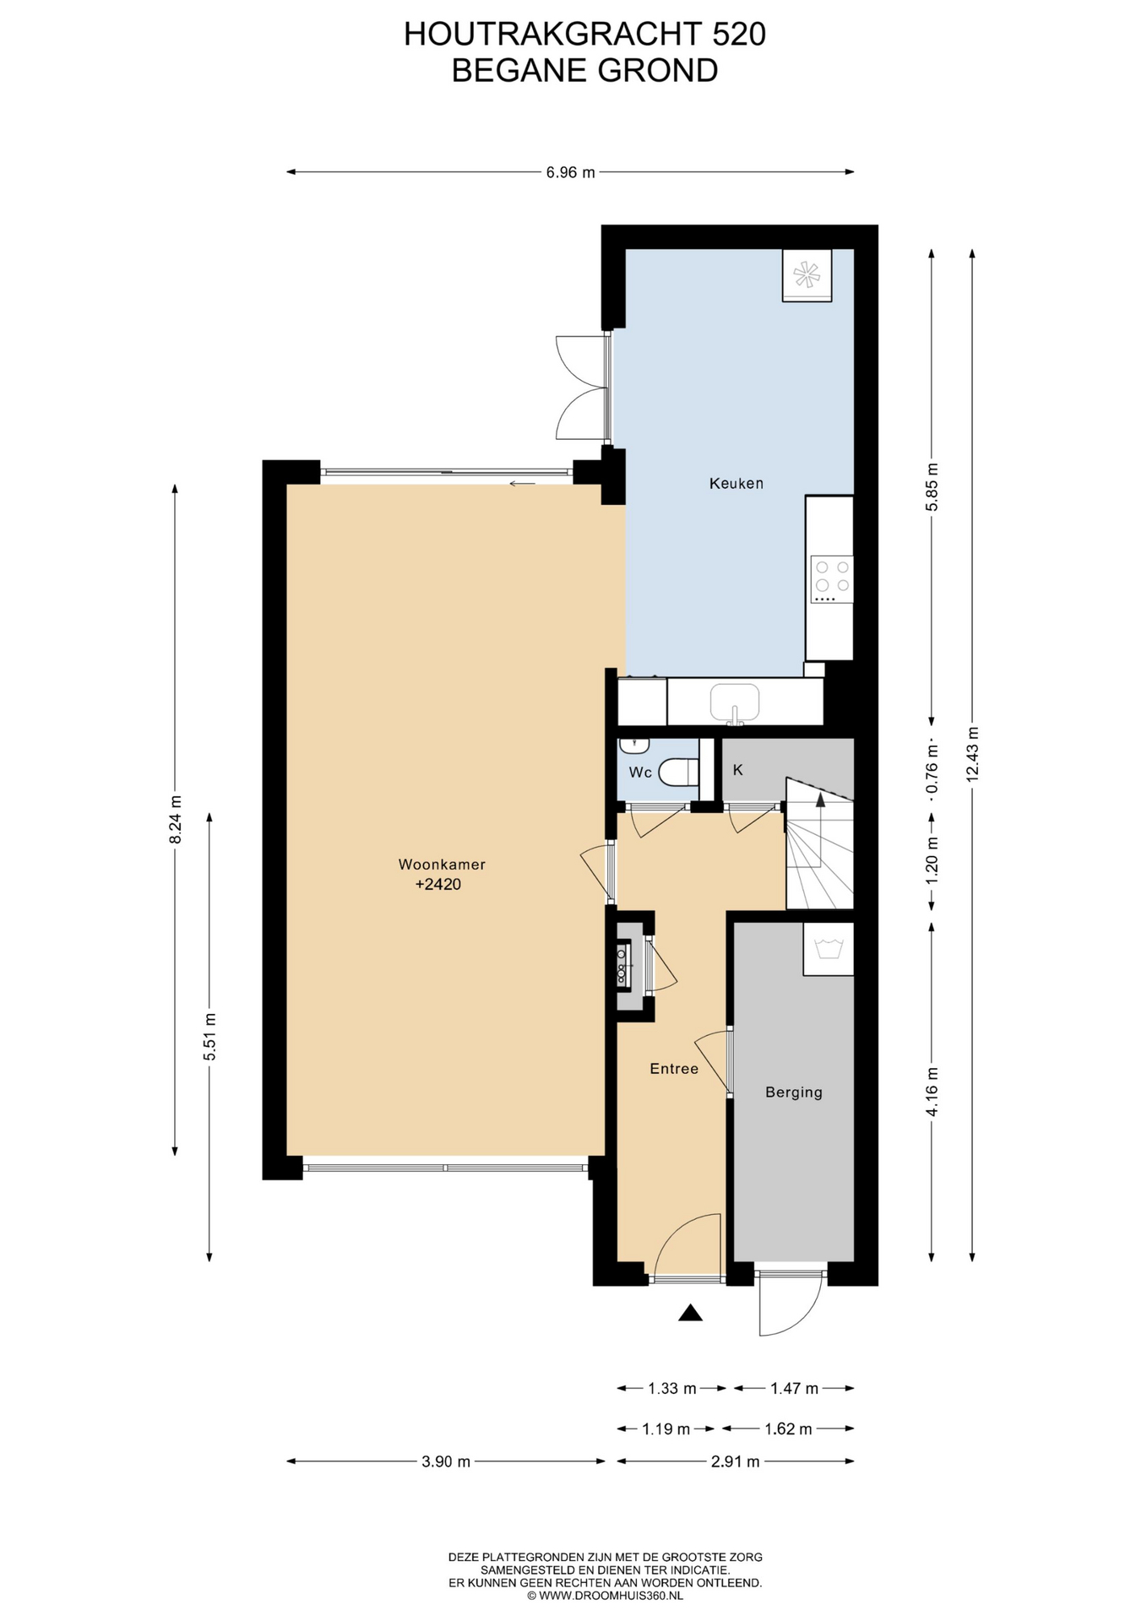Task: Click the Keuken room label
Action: pos(736,484)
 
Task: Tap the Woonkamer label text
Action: pos(442,865)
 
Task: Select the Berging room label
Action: pos(793,1092)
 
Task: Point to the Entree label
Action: pos(674,1069)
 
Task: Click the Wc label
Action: pos(639,773)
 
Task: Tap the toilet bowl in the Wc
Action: pos(678,772)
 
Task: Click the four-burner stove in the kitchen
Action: pos(831,579)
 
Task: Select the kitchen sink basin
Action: pos(734,702)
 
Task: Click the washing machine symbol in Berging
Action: pos(828,949)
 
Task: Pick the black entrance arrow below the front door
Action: pos(691,1313)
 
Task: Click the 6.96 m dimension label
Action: pos(570,172)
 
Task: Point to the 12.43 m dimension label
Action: pos(972,754)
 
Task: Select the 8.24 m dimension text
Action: pos(175,819)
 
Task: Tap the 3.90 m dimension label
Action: pos(446,1461)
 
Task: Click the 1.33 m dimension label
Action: pos(672,1388)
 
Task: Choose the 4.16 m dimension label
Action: pos(932,1092)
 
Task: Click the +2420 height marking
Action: pos(438,885)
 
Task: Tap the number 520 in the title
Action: pos(739,34)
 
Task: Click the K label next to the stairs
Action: pos(737,770)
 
